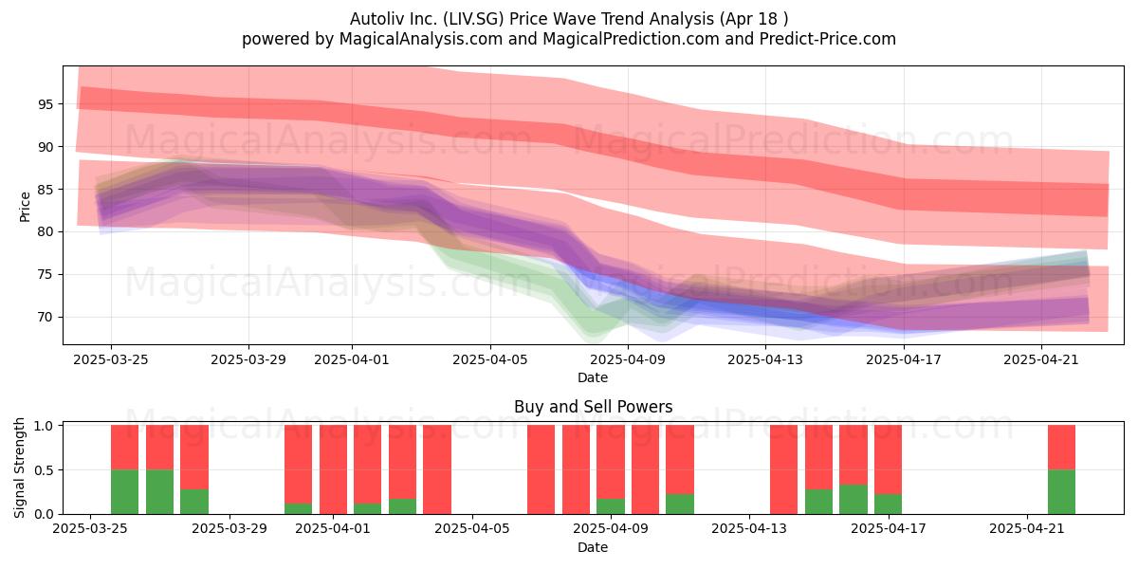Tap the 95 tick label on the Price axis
pos(45,104)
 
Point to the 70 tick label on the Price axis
pos(45,317)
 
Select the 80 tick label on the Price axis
pos(45,231)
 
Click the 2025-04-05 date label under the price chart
pos(490,359)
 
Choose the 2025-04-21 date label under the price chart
pos(1041,359)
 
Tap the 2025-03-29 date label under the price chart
pos(248,359)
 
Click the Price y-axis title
pos(25,207)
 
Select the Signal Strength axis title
pos(19,468)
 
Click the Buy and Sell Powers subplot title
pos(593,407)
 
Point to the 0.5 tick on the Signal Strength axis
pos(45,470)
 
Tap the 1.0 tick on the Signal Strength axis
pos(45,426)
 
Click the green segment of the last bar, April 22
pos(1062,492)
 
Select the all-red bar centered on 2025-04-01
pos(333,469)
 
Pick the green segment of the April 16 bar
pos(853,500)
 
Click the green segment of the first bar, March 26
pos(124,492)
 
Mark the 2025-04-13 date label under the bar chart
pos(749,529)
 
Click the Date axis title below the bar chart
pos(593,547)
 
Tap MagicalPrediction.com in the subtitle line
pos(631,39)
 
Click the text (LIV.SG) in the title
pos(473,19)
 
